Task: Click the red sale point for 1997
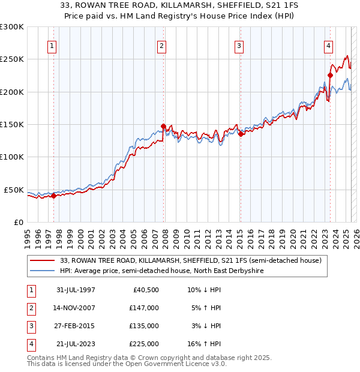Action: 54,195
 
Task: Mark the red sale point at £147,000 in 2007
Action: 163,126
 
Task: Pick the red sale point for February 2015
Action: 240,134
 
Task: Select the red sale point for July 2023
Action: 330,75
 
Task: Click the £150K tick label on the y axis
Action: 12,124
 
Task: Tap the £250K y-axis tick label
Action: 12,59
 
